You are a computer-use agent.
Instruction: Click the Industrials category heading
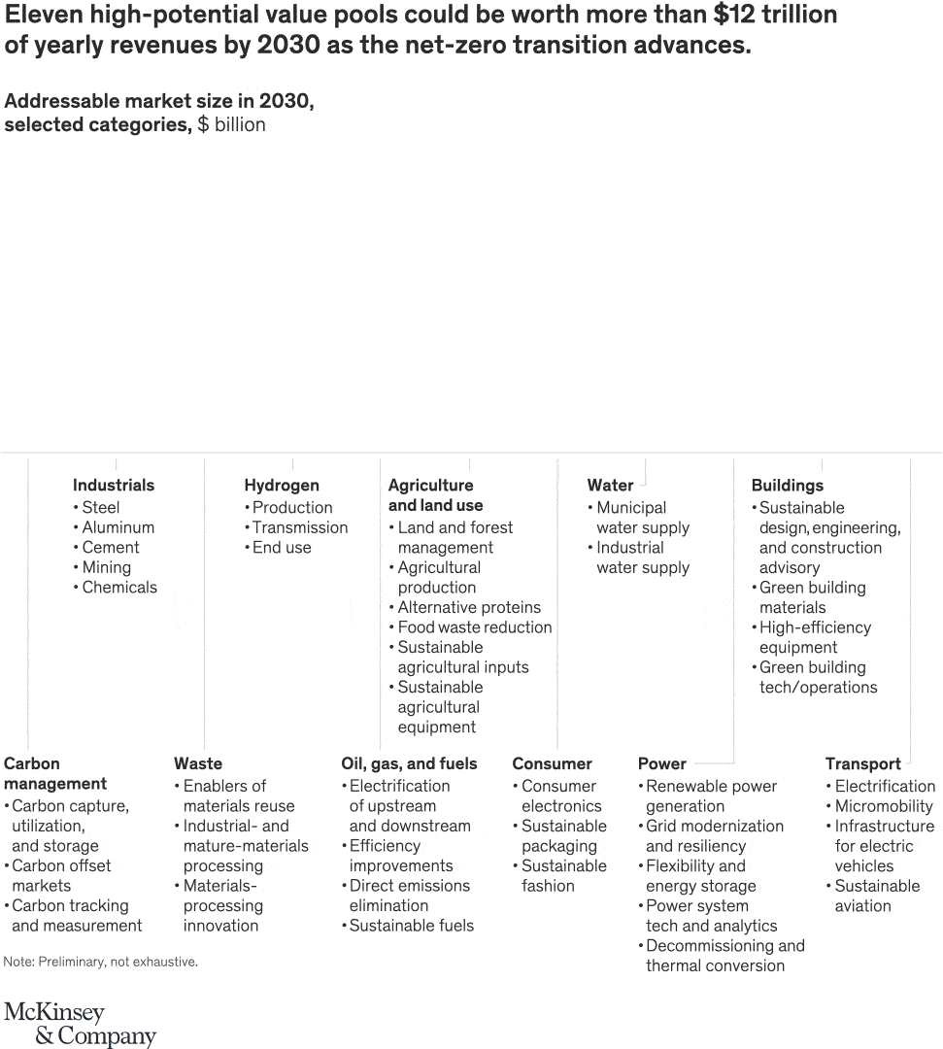(114, 485)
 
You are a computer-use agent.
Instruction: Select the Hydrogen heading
(282, 485)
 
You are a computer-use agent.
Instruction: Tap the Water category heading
(610, 485)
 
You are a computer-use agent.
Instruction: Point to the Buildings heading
(787, 485)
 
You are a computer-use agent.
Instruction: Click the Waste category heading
(198, 763)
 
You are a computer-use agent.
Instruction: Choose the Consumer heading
(552, 763)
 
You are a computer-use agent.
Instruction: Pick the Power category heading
(662, 763)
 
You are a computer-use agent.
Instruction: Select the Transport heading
(863, 763)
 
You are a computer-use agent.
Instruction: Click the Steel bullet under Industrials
(101, 507)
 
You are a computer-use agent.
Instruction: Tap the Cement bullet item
(111, 547)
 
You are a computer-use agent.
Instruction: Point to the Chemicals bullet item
(118, 587)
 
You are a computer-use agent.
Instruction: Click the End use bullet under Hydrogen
(282, 547)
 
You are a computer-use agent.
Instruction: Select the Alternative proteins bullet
(469, 607)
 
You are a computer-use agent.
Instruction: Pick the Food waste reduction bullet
(475, 627)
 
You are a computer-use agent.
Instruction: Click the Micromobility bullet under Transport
(884, 806)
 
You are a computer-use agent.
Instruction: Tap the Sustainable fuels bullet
(412, 926)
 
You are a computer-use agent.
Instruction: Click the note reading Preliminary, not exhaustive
(101, 962)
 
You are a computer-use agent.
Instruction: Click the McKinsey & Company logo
(80, 1024)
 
